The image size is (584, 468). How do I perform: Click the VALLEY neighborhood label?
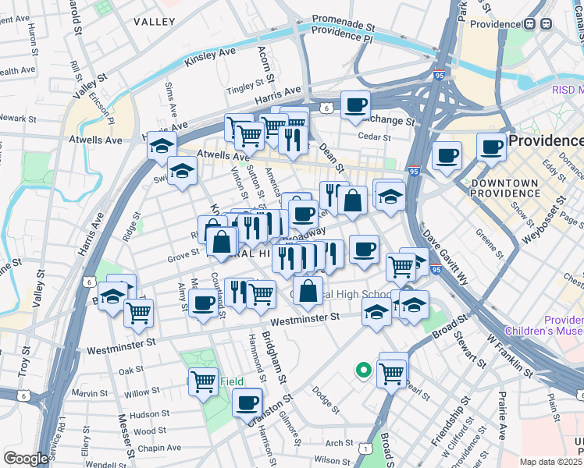(x=154, y=22)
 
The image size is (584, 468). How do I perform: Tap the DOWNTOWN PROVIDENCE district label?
(x=504, y=187)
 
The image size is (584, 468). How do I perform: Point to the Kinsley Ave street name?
(x=210, y=56)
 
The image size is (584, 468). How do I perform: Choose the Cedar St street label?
(x=373, y=137)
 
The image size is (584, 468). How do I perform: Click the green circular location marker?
(x=362, y=370)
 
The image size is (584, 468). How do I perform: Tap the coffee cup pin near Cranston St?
(x=247, y=402)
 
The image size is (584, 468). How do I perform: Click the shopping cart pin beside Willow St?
(x=203, y=381)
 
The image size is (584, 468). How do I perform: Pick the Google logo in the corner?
(x=26, y=459)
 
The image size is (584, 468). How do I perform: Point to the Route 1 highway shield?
(x=365, y=448)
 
